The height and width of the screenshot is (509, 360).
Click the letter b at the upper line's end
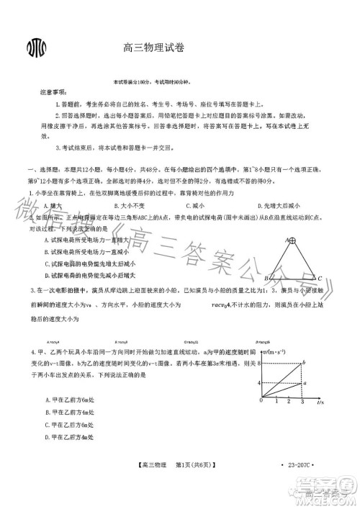305,361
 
